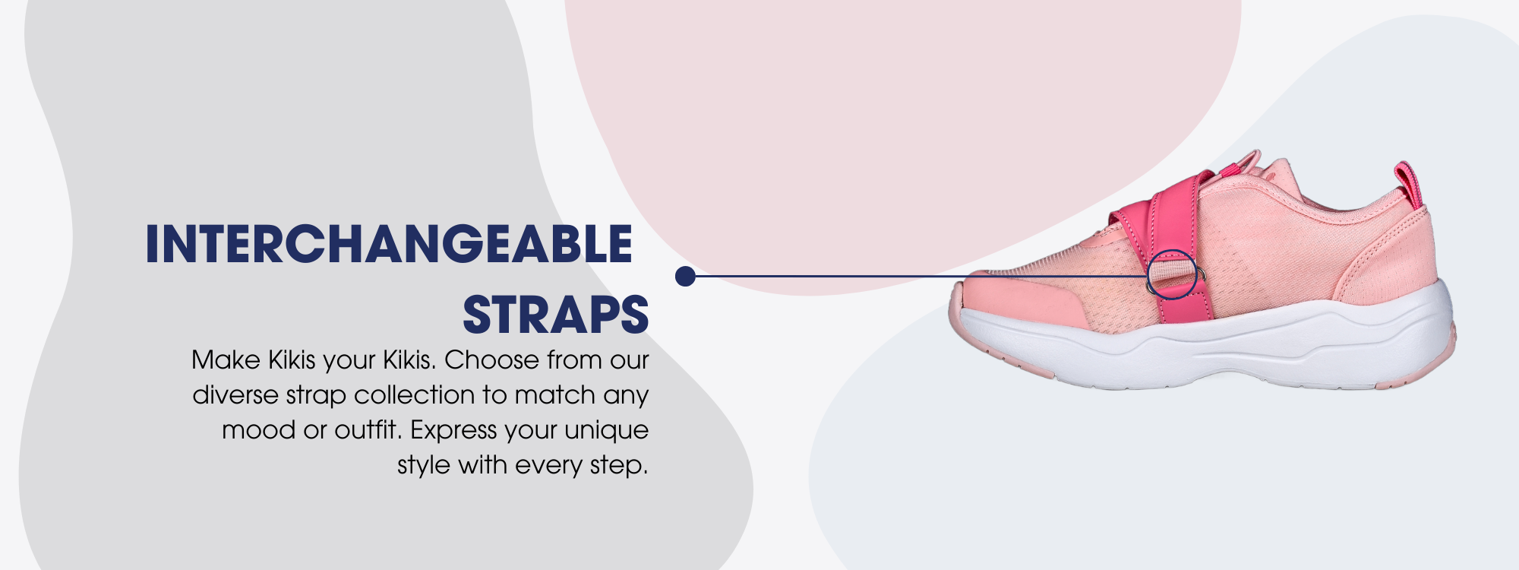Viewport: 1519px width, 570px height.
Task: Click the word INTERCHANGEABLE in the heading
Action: (x=389, y=244)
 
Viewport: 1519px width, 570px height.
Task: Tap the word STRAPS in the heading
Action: (x=556, y=315)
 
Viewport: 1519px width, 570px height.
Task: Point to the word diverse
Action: (x=235, y=395)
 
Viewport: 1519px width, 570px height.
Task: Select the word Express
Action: (x=453, y=430)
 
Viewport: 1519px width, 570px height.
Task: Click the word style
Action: (x=424, y=465)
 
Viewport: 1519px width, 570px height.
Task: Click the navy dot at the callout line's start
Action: (x=685, y=277)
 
